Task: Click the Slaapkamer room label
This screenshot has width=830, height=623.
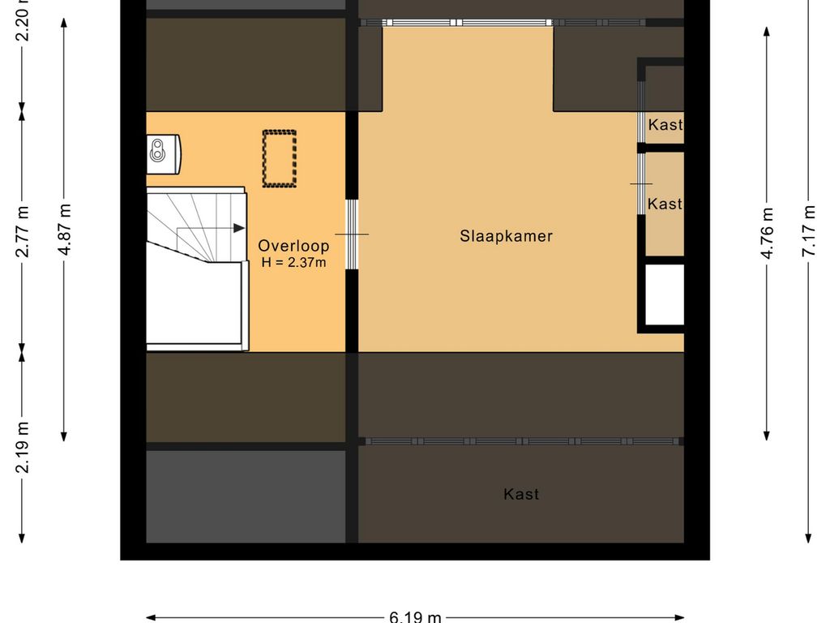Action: (x=506, y=236)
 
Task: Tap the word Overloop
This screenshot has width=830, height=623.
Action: (x=293, y=246)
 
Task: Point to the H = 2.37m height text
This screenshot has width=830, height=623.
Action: (x=293, y=262)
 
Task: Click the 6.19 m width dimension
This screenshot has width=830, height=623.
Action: (x=415, y=617)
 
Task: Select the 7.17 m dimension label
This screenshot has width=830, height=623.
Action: (x=808, y=232)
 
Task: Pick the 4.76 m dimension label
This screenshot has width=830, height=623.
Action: (x=767, y=234)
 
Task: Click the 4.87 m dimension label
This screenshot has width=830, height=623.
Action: (x=65, y=229)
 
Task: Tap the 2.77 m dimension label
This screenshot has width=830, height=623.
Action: (x=23, y=231)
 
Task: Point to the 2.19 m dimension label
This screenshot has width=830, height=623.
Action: (x=23, y=447)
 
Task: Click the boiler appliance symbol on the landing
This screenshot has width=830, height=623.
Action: (x=162, y=150)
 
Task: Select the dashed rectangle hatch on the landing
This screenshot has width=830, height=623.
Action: (x=279, y=158)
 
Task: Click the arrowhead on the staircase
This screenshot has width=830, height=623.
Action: (x=239, y=229)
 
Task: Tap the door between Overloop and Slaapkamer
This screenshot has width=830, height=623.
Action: (x=352, y=234)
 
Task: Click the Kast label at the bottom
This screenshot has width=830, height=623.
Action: (x=521, y=494)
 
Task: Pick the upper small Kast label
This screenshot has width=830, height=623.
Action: (x=665, y=125)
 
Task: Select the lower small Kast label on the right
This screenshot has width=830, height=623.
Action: (x=665, y=204)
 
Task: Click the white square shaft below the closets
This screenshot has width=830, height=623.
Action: (x=664, y=294)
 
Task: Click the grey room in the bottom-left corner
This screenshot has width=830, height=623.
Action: (x=246, y=496)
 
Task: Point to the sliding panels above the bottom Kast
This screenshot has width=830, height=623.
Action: (x=520, y=441)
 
